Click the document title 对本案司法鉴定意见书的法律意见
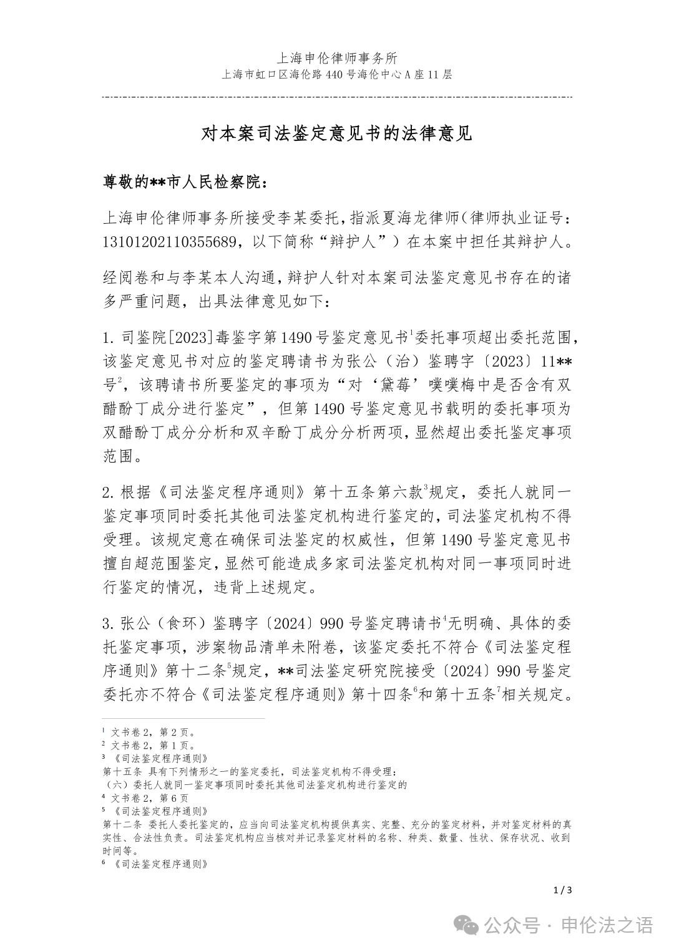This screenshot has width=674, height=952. tap(336, 134)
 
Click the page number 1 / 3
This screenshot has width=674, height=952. tap(562, 890)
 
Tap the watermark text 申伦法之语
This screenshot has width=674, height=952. tap(608, 926)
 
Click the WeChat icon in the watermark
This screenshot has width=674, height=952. tap(469, 926)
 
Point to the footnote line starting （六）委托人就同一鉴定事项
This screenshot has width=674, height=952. tap(255, 784)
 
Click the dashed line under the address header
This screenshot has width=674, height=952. tap(336, 97)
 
